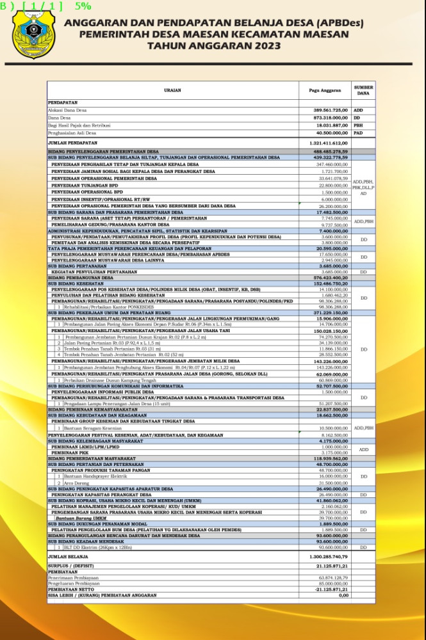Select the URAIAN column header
click(172, 90)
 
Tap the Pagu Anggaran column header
click(324, 90)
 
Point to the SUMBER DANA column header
click(363, 90)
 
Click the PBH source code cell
click(358, 125)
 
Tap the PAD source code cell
click(358, 133)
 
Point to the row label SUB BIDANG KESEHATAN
click(78, 284)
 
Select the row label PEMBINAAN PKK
click(69, 452)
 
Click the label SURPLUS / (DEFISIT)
click(73, 566)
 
